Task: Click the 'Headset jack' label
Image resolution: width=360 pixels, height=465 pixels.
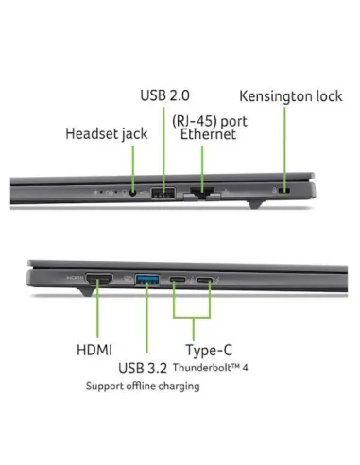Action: (106, 133)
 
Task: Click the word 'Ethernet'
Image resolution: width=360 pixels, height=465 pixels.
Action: (208, 135)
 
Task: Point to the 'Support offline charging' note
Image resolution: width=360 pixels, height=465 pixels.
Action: (143, 387)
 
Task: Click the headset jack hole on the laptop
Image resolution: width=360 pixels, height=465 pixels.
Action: (133, 193)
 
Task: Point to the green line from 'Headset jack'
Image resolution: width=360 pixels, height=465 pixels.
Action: (133, 165)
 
